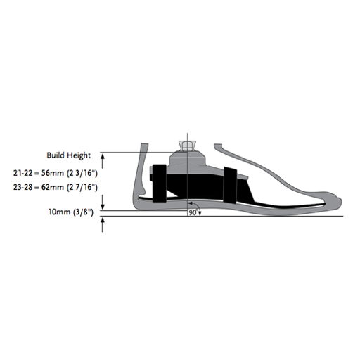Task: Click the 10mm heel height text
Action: coord(59,211)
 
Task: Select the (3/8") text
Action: coord(87,211)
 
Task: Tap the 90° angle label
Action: coord(193,212)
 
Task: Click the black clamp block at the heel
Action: coord(158,181)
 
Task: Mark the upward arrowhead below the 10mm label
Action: coord(104,220)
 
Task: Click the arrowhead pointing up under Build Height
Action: coord(104,157)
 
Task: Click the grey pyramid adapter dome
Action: coord(187,158)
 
